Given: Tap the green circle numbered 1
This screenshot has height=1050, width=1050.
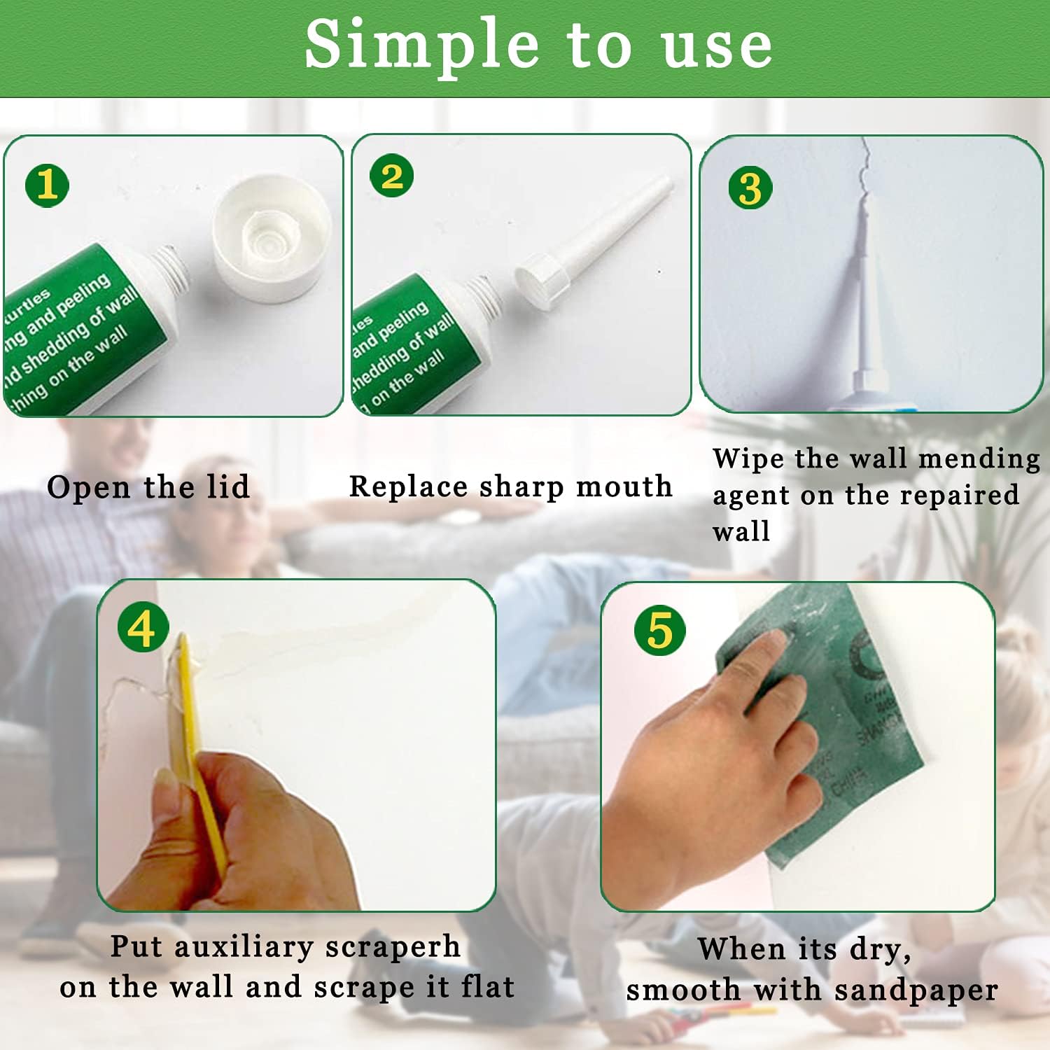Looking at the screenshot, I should (47, 185).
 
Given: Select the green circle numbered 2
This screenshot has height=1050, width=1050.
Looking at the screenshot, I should (392, 176).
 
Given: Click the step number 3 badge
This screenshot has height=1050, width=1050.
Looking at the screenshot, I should (750, 188).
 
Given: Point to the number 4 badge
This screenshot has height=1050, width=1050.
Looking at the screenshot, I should (143, 628).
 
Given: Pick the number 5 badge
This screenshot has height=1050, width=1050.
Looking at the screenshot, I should (659, 631).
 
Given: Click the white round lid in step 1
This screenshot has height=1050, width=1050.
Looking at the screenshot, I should (272, 238).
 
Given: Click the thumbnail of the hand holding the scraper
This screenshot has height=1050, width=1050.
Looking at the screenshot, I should (296, 745).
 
